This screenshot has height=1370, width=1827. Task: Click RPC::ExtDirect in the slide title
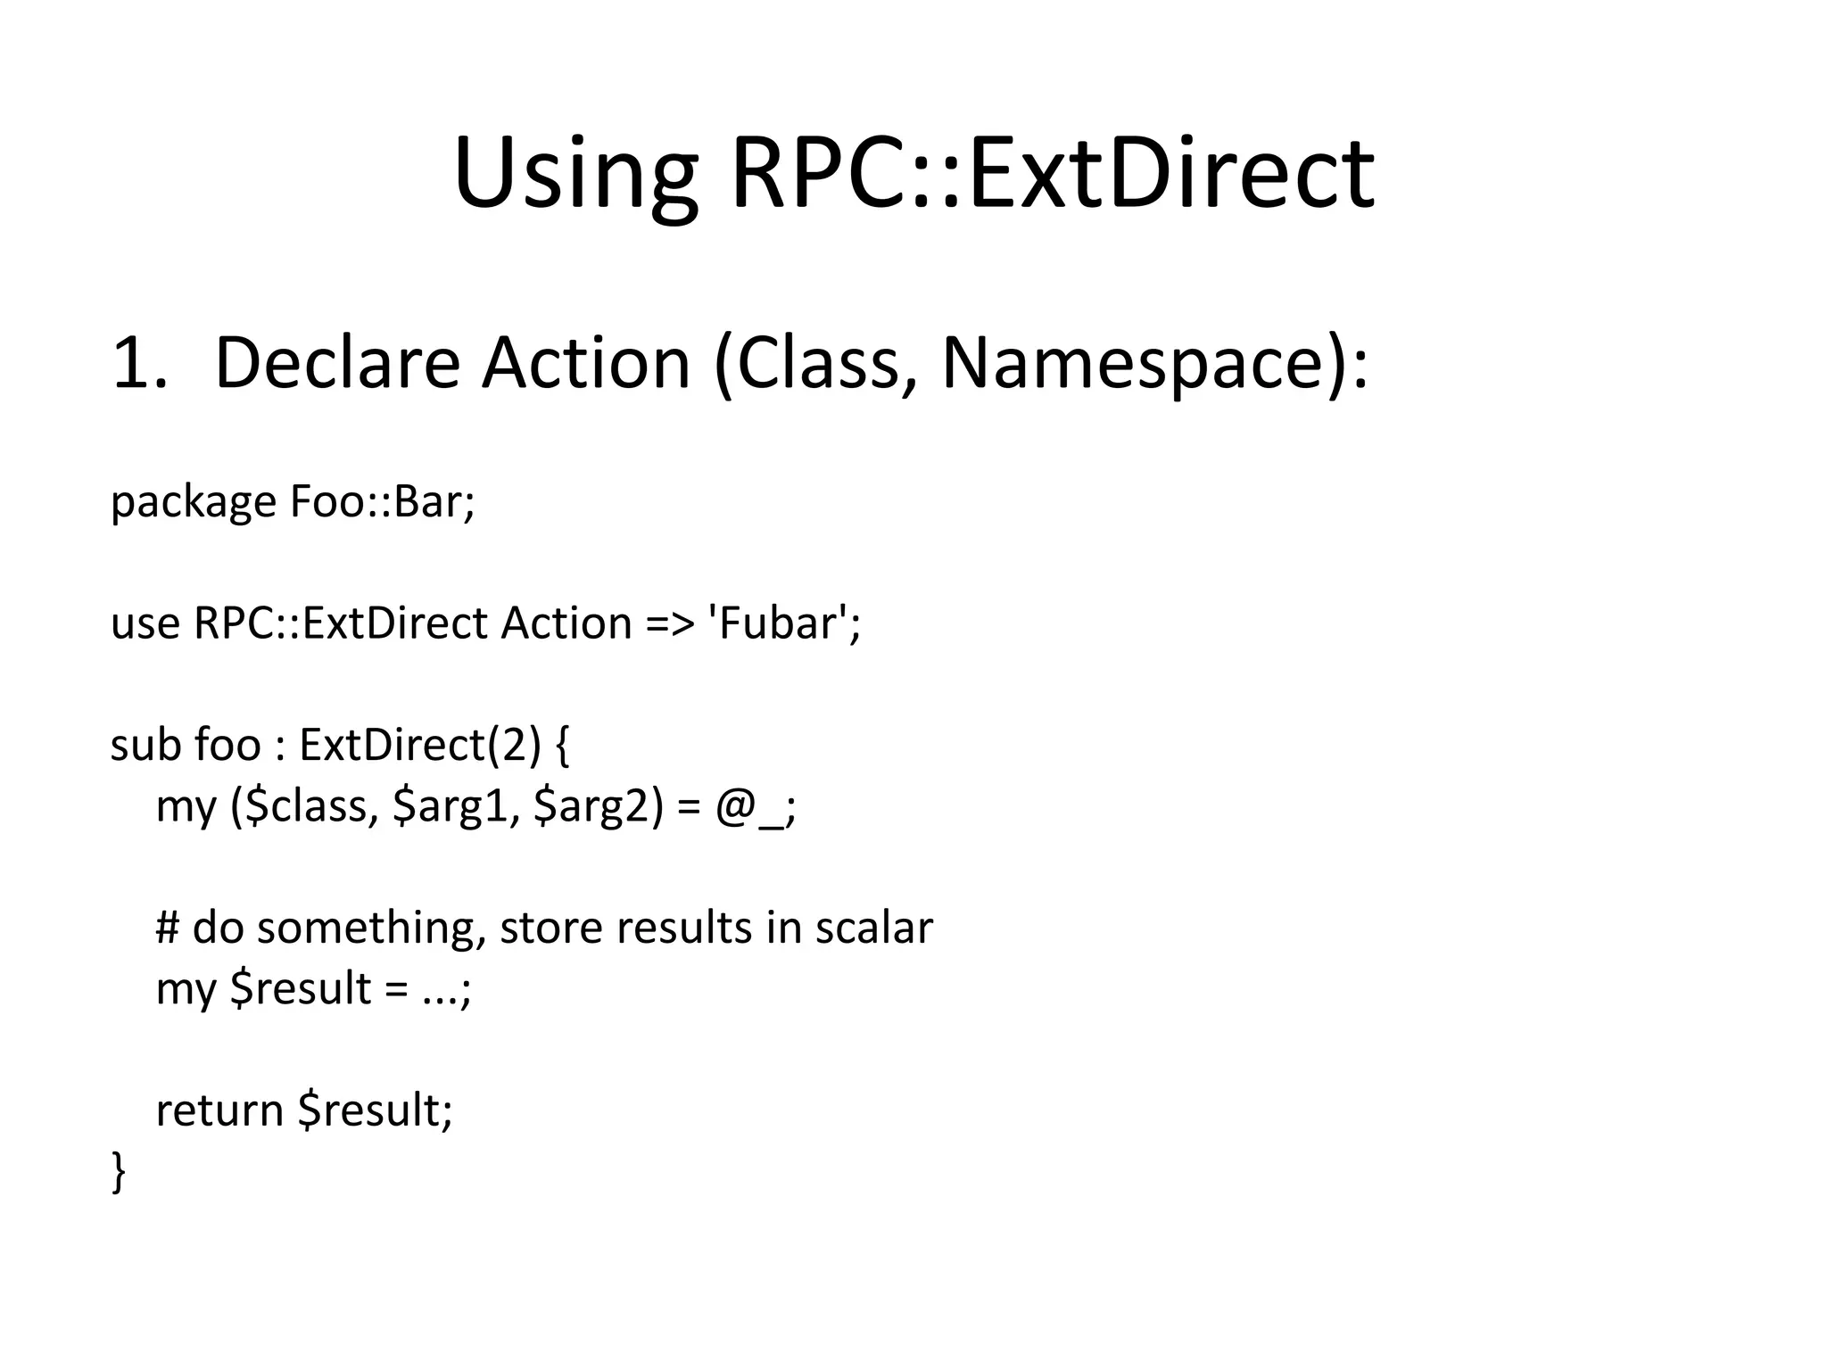click(x=1053, y=174)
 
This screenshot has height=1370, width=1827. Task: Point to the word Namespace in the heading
click(x=1133, y=364)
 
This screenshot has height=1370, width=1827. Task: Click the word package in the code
click(x=194, y=502)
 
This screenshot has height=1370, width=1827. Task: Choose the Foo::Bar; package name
click(x=383, y=502)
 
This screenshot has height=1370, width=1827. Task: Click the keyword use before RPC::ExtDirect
click(x=145, y=623)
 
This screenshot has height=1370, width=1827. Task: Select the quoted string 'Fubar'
click(x=782, y=623)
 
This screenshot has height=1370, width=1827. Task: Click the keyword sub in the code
click(x=143, y=745)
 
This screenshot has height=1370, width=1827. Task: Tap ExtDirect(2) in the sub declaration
click(x=420, y=745)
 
